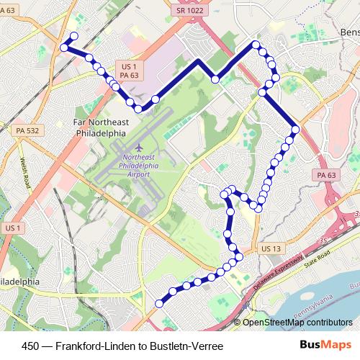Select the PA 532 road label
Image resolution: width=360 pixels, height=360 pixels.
(x=26, y=130)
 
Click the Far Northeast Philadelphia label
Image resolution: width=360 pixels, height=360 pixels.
(x=100, y=127)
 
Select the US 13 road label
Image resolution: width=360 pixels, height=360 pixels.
(x=271, y=248)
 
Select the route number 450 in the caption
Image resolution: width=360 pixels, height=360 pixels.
(x=32, y=346)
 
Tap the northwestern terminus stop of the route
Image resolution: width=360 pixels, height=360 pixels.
(x=73, y=37)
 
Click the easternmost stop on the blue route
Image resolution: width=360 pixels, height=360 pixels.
(x=295, y=129)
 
